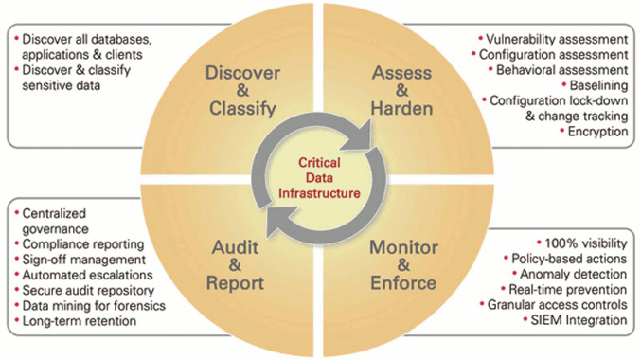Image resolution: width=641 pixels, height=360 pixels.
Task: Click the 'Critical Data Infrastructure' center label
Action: point(319,178)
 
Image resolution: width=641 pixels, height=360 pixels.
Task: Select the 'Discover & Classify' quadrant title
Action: point(242,91)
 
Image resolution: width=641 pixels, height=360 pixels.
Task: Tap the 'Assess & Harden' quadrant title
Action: point(401,91)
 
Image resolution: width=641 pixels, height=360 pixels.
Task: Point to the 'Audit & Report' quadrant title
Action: point(235,265)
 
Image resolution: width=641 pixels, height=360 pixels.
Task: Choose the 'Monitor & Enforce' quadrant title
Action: point(403,265)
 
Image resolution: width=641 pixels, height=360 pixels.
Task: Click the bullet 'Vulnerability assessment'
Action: point(557,39)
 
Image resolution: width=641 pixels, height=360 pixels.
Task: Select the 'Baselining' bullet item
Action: point(599,85)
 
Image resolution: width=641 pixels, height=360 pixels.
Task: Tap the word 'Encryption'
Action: point(598,132)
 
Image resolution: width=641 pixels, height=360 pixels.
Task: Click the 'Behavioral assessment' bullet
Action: point(561,70)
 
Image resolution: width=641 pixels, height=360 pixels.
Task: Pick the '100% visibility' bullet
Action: point(586,243)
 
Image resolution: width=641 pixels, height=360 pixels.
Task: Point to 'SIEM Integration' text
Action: point(579,320)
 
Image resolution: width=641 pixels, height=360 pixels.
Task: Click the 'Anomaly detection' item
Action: point(573,274)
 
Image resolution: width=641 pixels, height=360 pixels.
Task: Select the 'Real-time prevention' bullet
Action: point(567,290)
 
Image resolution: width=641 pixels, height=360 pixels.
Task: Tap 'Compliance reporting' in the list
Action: point(83,244)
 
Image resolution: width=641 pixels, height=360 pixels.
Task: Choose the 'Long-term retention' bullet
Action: point(80,321)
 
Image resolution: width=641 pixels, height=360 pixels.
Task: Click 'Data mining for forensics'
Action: point(94,306)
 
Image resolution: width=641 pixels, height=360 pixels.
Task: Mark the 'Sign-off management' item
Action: point(84,260)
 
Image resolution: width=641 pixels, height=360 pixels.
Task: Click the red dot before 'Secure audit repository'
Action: point(17,290)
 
